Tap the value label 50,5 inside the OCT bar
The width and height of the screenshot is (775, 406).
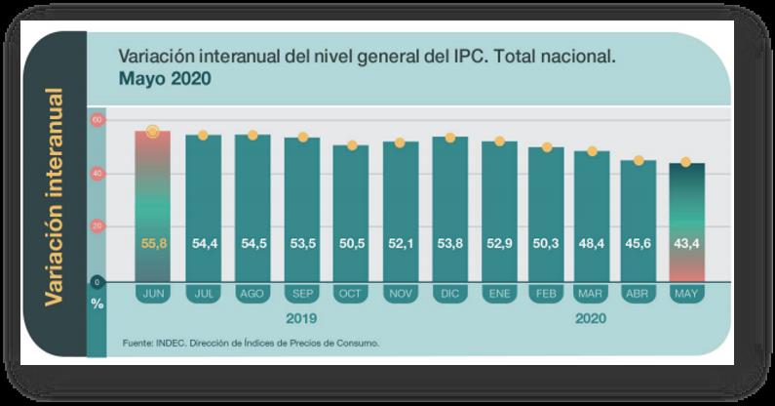[x=350, y=243]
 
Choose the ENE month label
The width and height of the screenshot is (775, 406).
[x=499, y=292]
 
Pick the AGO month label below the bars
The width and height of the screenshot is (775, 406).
[x=252, y=292]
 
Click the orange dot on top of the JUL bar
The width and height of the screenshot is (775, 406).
[x=203, y=135]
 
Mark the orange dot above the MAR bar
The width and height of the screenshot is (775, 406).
[x=592, y=151]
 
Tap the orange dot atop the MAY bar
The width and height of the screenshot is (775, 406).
[x=685, y=162]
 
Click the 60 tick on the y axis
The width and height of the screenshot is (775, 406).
[x=97, y=119]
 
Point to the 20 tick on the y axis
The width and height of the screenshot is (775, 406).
[x=97, y=226]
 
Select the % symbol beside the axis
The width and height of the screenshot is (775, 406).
[x=97, y=303]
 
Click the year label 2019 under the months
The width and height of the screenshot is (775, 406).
[x=301, y=318]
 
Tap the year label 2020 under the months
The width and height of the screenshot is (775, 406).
[x=592, y=318]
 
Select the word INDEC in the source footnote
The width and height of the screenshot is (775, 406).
[x=175, y=344]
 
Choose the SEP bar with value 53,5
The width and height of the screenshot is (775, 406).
[x=301, y=215]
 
